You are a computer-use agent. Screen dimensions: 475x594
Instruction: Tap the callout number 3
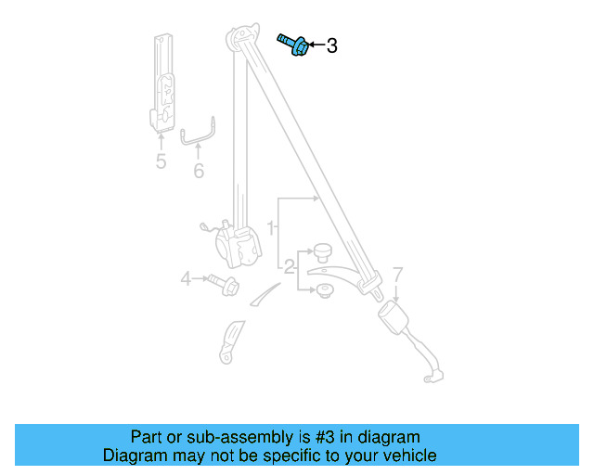click(332, 45)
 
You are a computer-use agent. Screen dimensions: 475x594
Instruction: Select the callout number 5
click(161, 162)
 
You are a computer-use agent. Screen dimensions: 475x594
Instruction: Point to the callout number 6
click(198, 172)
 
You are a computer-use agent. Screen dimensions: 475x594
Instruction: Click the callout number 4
click(186, 277)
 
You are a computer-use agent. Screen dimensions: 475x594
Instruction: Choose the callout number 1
click(271, 226)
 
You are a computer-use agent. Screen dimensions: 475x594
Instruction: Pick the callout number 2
click(289, 268)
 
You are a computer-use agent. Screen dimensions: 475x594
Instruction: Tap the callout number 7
click(396, 275)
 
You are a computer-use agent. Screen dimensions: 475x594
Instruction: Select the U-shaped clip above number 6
click(198, 135)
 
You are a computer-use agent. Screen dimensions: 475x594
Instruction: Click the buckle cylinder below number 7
click(399, 320)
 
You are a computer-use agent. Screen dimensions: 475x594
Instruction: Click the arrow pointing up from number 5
click(161, 141)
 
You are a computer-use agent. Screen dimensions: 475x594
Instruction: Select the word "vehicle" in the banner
click(406, 456)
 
